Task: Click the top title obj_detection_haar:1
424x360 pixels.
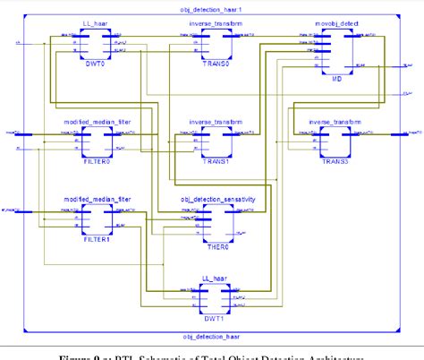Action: [x=211, y=7]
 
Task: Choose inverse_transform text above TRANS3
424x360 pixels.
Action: [x=335, y=121]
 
